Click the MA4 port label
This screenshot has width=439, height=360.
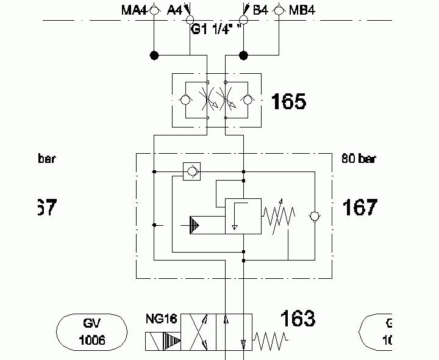click(135, 10)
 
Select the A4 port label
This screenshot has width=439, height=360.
click(174, 10)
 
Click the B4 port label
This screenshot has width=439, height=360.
click(260, 10)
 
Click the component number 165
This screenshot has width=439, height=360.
click(288, 101)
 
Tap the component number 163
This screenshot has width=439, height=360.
click(298, 319)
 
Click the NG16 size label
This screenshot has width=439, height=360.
click(161, 319)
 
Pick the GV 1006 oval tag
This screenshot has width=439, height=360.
click(92, 331)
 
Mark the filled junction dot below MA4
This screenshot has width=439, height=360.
click(154, 56)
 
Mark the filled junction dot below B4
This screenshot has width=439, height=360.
click(243, 56)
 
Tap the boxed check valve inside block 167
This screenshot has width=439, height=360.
click(193, 171)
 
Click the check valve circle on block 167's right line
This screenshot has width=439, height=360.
click(314, 216)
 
